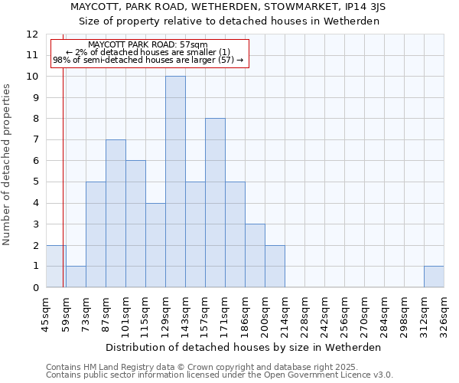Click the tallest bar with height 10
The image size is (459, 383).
pos(175,182)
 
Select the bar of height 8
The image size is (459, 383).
pos(215,203)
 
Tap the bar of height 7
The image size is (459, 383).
pos(116,213)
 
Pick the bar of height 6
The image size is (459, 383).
pos(135,224)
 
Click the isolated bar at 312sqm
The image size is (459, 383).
pos(434,277)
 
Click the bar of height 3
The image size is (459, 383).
pos(255,255)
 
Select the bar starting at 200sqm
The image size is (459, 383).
pos(275,266)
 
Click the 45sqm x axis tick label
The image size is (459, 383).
pos(45,314)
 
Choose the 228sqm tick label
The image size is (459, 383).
pos(304,314)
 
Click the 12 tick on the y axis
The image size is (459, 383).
pos(32,34)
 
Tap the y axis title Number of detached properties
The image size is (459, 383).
pos(8,165)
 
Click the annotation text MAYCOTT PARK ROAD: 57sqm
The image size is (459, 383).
pos(148,45)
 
